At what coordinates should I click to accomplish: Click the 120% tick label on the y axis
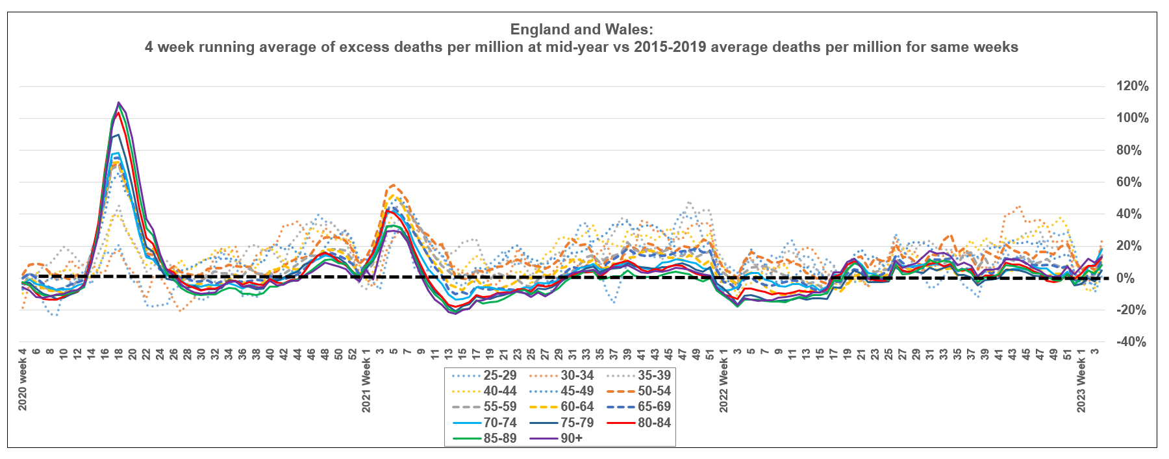point(1132,86)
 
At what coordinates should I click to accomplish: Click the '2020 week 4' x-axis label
point(23,380)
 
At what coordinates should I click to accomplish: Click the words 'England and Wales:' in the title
point(581,29)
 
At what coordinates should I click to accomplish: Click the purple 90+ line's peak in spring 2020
point(119,103)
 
